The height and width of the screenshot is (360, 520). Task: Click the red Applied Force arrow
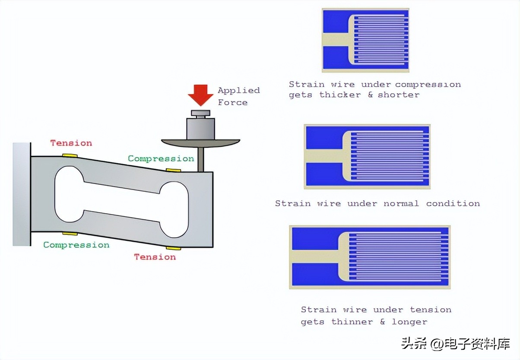coord(200,95)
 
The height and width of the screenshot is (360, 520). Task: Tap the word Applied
coord(238,90)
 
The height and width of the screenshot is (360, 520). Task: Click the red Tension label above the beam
coord(71,143)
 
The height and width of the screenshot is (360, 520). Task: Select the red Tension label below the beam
coord(155,257)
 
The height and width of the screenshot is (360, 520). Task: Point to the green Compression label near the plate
coord(161,158)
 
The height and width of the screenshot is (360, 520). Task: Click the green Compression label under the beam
coord(76,245)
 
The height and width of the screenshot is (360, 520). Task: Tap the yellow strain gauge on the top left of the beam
coord(70,155)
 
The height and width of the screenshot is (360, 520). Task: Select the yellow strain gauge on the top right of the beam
coord(174,170)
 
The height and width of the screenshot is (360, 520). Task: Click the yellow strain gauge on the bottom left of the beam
coord(70,234)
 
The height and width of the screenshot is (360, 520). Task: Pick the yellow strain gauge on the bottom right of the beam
coord(174,248)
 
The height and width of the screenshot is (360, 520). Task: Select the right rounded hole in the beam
coord(174,209)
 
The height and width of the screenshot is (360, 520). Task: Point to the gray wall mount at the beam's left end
coord(22,194)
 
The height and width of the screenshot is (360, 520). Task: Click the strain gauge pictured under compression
coord(365,40)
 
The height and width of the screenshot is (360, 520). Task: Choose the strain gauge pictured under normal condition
coord(367,156)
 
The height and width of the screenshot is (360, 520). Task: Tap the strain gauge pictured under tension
coord(370,257)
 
